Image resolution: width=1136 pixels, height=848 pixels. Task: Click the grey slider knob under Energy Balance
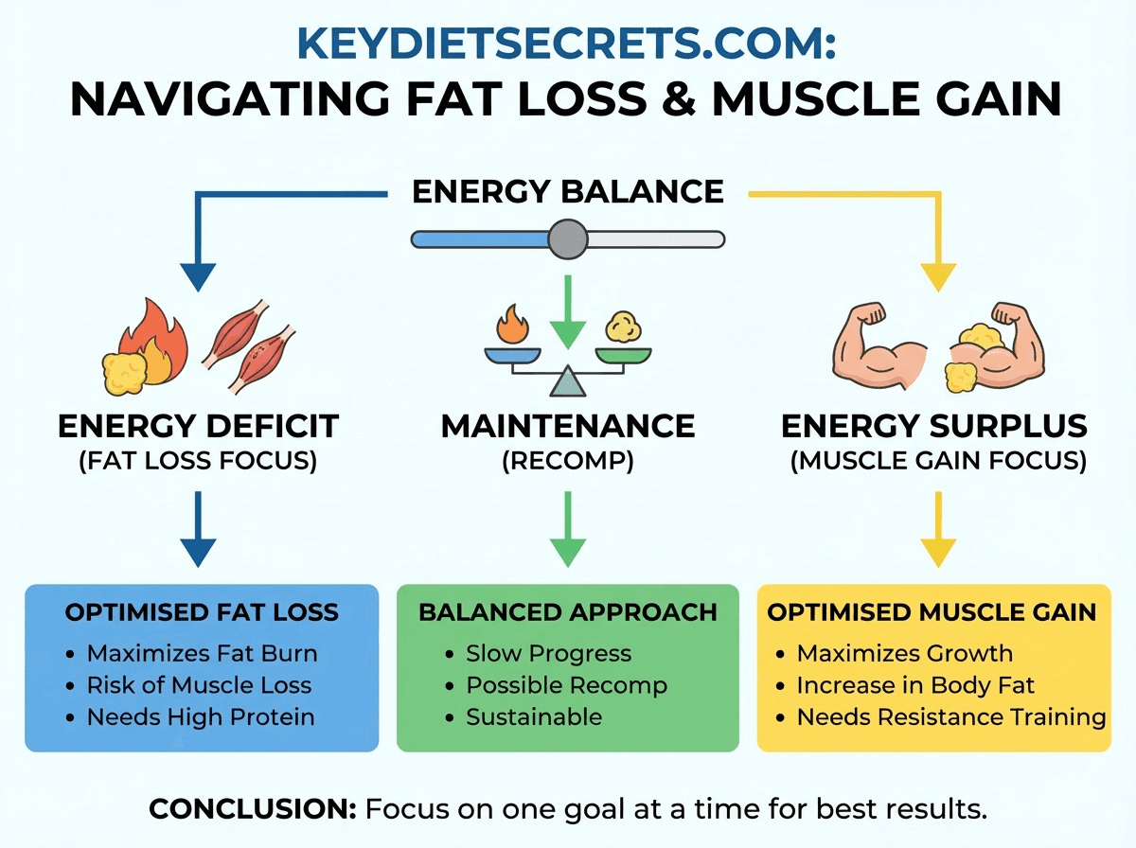[x=568, y=239]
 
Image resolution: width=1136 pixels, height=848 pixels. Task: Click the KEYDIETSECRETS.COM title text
[x=567, y=44]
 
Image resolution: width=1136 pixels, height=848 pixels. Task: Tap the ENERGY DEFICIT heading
[x=198, y=426]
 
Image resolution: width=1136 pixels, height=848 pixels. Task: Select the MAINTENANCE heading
[x=568, y=426]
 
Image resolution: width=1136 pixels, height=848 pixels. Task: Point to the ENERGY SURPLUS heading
[x=933, y=426]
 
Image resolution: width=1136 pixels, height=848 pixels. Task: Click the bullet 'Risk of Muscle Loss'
[x=199, y=685]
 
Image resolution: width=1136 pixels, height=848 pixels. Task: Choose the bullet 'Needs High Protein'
[x=201, y=716]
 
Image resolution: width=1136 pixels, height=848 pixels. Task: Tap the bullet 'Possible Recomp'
[x=566, y=685]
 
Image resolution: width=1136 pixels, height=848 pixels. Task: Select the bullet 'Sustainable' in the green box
[x=534, y=716]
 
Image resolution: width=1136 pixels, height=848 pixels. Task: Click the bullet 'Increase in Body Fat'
[x=915, y=685]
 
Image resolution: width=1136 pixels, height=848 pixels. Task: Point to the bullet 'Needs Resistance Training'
[x=950, y=716]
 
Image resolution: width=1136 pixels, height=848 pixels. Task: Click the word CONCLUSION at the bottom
[x=252, y=810]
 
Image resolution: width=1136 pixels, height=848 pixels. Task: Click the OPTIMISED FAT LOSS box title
[x=202, y=612]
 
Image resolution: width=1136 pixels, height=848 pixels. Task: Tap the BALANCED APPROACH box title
[x=568, y=612]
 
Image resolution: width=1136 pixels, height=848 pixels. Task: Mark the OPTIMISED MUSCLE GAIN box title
[x=932, y=612]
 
